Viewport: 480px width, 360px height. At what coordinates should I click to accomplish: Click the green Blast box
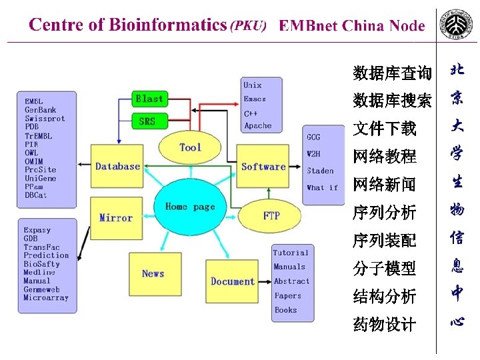(x=149, y=99)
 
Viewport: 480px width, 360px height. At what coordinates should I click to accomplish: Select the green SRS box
(x=147, y=121)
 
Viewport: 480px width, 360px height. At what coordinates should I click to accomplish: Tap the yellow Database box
(x=117, y=166)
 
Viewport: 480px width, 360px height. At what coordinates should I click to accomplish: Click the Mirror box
(x=115, y=217)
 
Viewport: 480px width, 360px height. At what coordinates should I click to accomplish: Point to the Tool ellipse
(x=190, y=147)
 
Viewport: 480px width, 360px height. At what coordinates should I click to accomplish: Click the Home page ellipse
(x=190, y=207)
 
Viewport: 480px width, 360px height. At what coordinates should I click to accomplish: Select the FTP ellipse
(x=271, y=215)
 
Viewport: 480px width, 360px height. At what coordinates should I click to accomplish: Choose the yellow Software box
(x=263, y=167)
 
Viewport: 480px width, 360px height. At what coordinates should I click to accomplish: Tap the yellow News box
(x=153, y=273)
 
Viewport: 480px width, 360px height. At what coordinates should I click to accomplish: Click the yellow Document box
(x=232, y=281)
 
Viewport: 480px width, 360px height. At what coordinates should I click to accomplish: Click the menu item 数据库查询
(x=392, y=72)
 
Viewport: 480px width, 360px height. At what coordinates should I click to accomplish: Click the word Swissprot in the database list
(x=45, y=119)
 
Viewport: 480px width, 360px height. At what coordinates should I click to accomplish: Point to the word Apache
(x=257, y=125)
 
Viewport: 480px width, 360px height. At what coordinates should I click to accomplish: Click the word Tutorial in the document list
(x=291, y=253)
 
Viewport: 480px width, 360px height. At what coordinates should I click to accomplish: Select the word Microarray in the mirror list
(x=46, y=298)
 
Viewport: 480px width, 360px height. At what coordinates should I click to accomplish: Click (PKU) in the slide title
(x=248, y=26)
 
